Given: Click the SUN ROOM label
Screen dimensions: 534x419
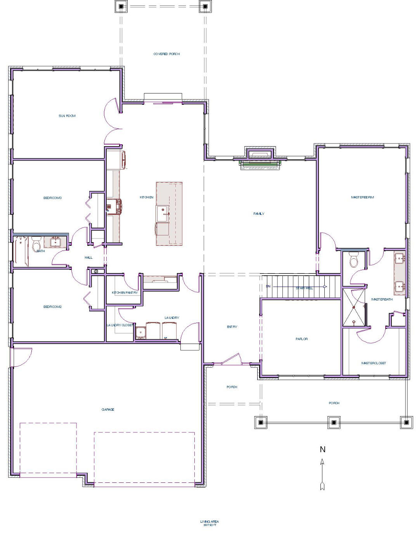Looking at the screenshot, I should click(67, 116).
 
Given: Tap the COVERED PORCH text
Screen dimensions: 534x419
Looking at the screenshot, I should click(166, 54).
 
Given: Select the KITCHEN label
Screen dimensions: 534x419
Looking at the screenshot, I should click(147, 197).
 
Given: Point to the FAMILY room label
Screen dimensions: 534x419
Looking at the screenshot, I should click(259, 214).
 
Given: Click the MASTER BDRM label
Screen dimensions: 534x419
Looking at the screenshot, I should click(362, 197).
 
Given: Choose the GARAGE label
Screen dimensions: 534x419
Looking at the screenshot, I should click(108, 410).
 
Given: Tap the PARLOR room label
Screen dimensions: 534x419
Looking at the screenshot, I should click(301, 339).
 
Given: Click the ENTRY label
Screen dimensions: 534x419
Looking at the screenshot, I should click(232, 327).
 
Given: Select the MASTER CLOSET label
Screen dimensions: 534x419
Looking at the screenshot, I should click(374, 363).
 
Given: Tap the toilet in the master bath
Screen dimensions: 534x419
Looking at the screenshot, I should click(353, 260).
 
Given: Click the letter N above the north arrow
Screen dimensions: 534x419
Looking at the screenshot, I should click(322, 449).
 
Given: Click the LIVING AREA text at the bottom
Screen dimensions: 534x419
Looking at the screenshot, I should click(209, 522).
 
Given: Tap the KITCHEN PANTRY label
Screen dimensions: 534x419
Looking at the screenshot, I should click(125, 293).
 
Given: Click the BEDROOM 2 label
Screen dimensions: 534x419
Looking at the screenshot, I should click(52, 307).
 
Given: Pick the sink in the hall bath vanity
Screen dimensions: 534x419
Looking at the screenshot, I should click(55, 242).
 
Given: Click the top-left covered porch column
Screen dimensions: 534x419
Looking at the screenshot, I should click(121, 7).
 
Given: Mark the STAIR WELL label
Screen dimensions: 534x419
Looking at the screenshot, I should click(304, 288).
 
